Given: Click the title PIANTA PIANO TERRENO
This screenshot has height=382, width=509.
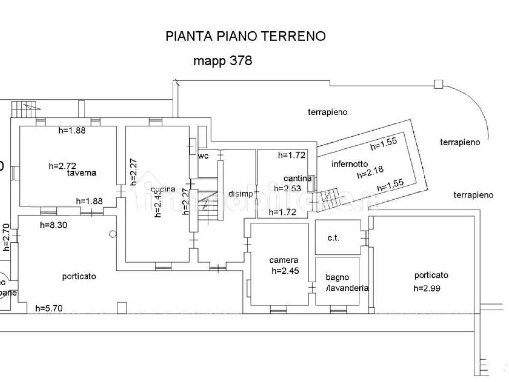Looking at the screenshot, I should (x=245, y=36).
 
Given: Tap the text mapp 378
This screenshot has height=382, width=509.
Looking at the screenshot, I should (x=222, y=61).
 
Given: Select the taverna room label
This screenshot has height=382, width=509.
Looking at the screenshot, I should (x=83, y=173).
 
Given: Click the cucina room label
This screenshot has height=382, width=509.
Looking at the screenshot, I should (x=164, y=189).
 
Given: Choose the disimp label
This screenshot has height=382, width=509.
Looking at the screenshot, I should (x=241, y=194).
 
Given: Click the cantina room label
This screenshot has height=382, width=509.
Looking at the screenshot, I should (x=298, y=178).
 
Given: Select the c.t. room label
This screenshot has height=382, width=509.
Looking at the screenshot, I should (x=333, y=238).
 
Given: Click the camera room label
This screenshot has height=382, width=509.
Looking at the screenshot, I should (x=284, y=260).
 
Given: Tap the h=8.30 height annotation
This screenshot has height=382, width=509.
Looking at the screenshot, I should (x=54, y=225).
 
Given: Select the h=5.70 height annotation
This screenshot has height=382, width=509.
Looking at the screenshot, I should (x=49, y=308).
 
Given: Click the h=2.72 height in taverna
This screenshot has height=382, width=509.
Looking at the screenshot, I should (x=62, y=166).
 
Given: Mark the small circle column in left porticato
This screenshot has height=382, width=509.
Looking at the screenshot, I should (x=113, y=233).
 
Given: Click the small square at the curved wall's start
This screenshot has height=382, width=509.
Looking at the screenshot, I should (x=438, y=84).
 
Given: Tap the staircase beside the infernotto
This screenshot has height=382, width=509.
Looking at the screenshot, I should (x=330, y=198).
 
